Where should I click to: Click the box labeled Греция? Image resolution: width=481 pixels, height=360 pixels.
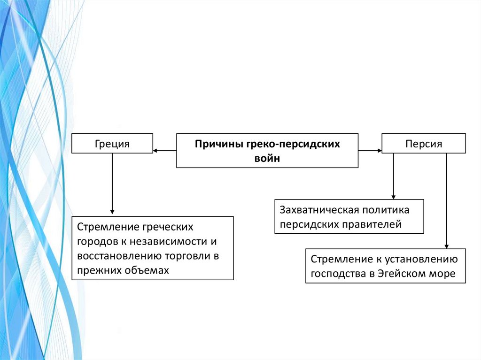pos(112,144)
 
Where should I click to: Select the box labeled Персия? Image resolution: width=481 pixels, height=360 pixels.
pos(424,144)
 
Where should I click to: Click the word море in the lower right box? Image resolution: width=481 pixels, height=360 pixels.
pos(443,274)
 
